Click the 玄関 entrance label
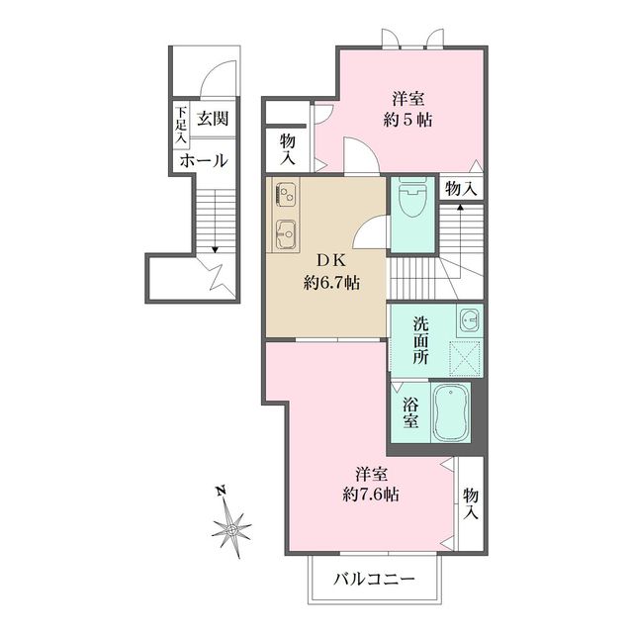(x=213, y=119)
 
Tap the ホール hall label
(x=204, y=161)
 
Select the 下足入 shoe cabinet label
(x=181, y=125)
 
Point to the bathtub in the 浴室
(x=451, y=411)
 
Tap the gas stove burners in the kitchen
(x=286, y=193)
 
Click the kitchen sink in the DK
(x=286, y=234)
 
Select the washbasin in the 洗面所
(x=470, y=320)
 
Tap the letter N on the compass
(x=221, y=491)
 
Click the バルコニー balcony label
(x=374, y=580)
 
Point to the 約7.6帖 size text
(x=371, y=495)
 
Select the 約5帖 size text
(x=407, y=120)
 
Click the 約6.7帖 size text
(x=332, y=283)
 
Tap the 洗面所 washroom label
(x=420, y=340)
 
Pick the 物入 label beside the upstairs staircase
(x=461, y=189)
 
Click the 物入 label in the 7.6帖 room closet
(x=471, y=503)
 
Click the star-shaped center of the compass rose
(x=231, y=529)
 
